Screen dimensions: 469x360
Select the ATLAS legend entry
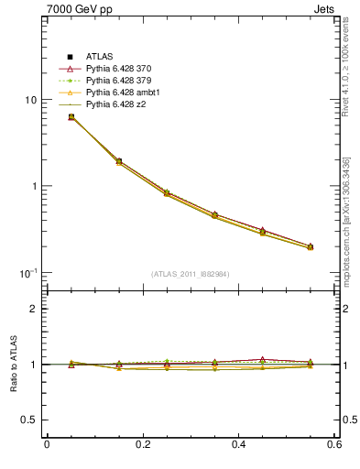[99, 58]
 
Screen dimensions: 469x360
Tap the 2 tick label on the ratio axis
[33, 310]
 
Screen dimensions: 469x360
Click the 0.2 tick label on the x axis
[143, 446]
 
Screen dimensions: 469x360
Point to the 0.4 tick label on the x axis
[239, 446]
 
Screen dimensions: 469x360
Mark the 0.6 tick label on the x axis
[335, 446]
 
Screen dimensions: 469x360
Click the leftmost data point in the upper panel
[71, 117]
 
